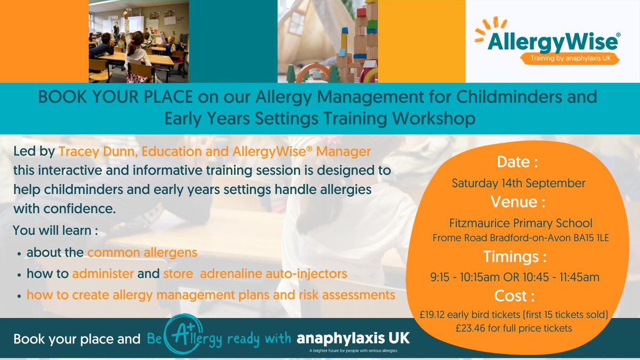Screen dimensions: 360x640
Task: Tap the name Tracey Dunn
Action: click(x=92, y=152)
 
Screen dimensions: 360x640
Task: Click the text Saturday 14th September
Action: click(x=518, y=183)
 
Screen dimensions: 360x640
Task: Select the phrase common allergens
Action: click(x=142, y=252)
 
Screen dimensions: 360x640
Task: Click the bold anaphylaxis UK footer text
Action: click(x=354, y=339)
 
